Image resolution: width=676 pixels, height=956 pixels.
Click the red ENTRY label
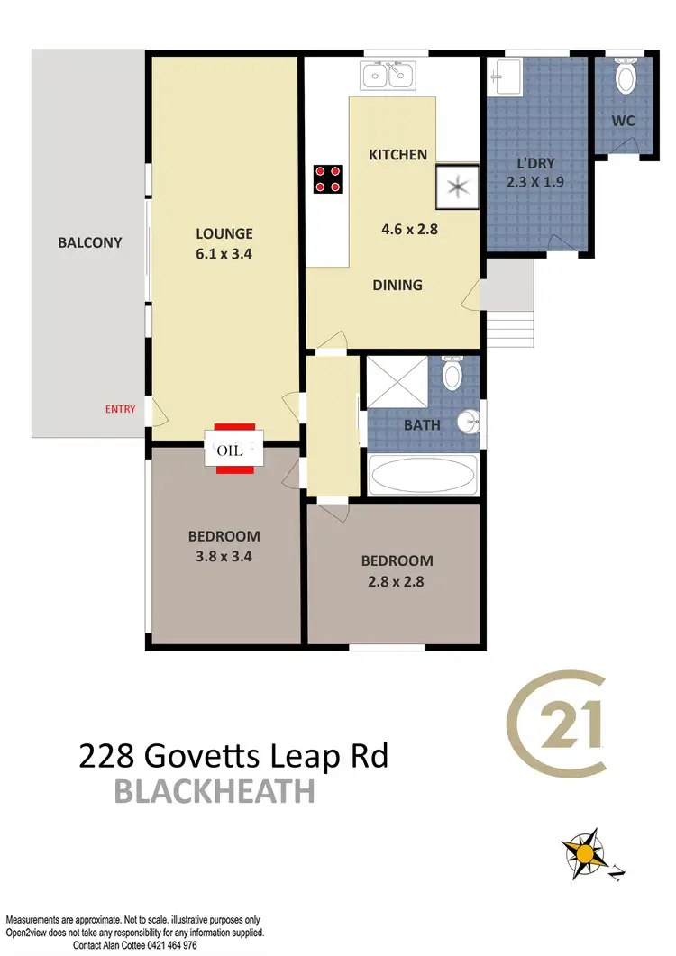(120, 409)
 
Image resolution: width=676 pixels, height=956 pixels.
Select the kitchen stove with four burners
(327, 178)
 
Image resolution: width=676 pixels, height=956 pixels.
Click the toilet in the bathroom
(452, 372)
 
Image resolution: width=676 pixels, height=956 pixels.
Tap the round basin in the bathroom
(467, 422)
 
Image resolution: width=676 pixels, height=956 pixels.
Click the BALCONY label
(89, 242)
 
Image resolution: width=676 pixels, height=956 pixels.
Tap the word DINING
(397, 285)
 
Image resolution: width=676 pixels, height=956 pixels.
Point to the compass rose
(587, 852)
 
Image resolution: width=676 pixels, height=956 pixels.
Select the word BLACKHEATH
(215, 793)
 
